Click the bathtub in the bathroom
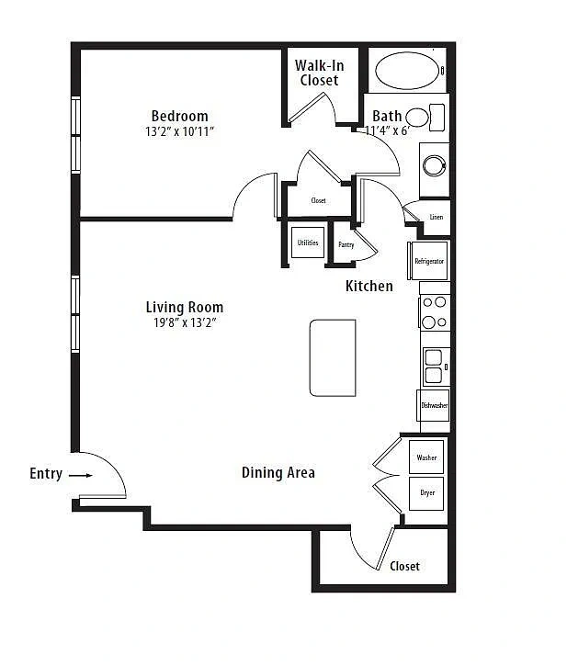[407, 71]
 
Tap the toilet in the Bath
[425, 118]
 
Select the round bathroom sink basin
[435, 164]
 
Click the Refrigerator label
[429, 261]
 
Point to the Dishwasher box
[433, 405]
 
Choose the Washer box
[426, 457]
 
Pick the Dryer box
[426, 493]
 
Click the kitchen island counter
[333, 357]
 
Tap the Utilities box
[308, 243]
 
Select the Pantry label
[346, 244]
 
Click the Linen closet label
[437, 217]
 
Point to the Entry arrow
[81, 475]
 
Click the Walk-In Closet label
[319, 73]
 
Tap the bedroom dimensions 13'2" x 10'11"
[179, 131]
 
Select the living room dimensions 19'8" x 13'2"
[185, 322]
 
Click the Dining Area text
[278, 472]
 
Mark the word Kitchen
[369, 286]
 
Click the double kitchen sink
[434, 367]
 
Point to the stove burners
[435, 312]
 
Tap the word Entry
[46, 474]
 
